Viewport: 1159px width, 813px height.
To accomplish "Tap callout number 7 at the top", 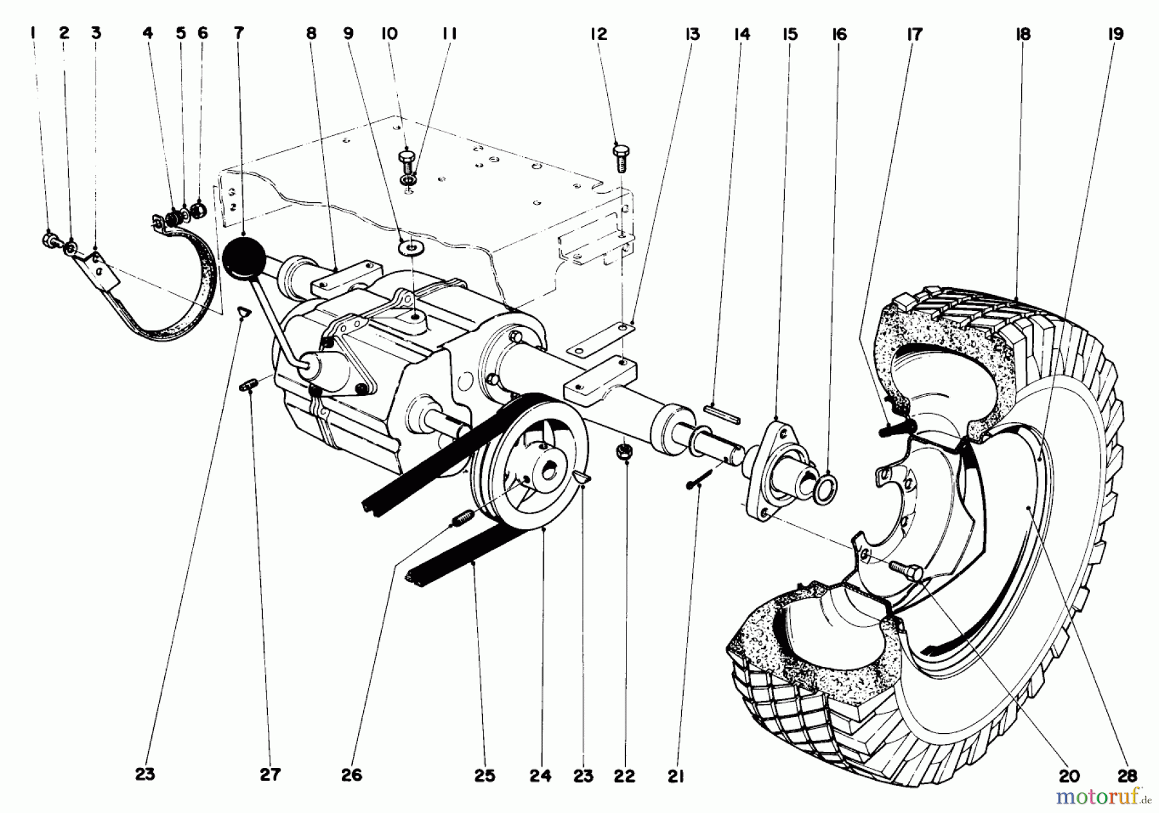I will (239, 33).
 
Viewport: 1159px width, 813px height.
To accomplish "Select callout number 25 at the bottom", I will (485, 776).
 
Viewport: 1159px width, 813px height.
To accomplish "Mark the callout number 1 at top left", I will (33, 33).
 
